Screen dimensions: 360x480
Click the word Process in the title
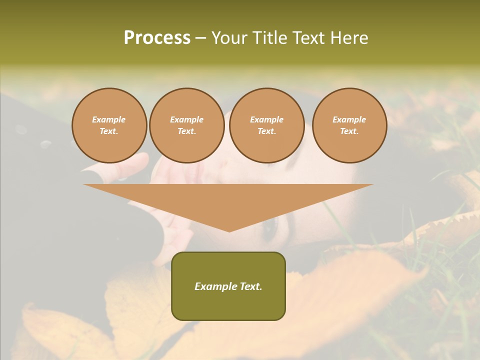coord(157,38)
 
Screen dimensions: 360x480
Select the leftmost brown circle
coord(109,125)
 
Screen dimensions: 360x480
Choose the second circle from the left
coord(186,125)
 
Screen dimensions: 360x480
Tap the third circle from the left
coord(266,125)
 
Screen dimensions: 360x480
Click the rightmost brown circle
coord(349,125)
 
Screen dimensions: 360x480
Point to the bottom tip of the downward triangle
coord(229,230)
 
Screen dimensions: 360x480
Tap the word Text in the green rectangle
coord(250,286)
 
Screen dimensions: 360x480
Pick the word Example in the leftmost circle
coord(109,120)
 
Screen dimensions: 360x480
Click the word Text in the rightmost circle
coord(349,131)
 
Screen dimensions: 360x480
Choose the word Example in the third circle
coord(266,120)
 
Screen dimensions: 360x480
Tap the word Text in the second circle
coord(186,131)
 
